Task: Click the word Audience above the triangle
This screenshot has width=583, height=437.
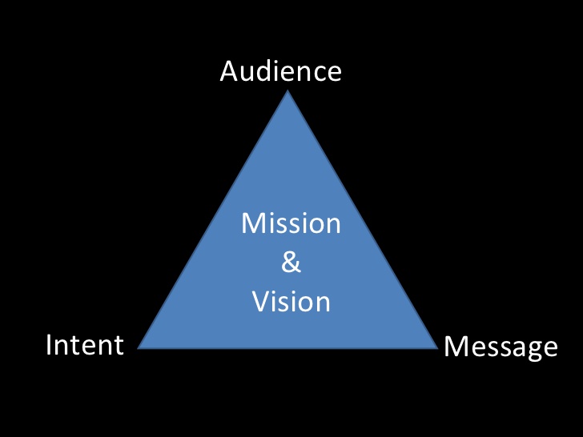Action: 280,72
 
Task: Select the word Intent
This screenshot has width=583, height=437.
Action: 85,345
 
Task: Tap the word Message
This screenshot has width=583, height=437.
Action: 501,347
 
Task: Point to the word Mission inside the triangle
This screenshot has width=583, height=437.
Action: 291,223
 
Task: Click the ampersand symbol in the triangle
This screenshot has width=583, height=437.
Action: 291,263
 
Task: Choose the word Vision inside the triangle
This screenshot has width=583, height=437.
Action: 291,302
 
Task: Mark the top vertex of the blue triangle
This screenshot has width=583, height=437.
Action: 288,93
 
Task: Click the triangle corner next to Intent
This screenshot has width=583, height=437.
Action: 141,347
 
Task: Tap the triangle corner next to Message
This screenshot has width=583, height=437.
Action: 436,347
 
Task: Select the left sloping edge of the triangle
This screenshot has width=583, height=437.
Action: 215,220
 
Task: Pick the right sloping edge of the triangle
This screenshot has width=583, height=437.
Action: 363,220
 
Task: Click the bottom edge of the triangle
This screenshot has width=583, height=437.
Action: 288,348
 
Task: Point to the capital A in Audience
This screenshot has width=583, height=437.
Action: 230,72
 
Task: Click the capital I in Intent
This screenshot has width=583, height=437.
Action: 50,345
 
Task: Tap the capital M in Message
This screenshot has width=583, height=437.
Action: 456,347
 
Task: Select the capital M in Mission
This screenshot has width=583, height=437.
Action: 252,223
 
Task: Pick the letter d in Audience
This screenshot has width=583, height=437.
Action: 267,72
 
